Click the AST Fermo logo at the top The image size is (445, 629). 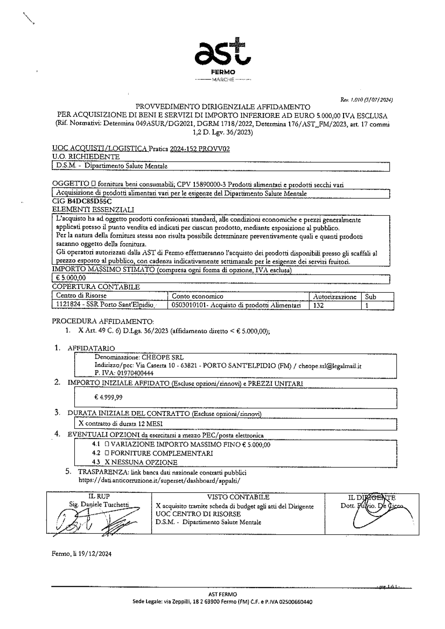click(223, 58)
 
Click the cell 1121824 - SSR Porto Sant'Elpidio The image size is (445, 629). click(105, 305)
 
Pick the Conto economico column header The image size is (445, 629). click(198, 296)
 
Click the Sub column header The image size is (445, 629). click(370, 296)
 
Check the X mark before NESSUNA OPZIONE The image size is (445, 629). click(107, 462)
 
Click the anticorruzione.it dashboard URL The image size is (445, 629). click(159, 480)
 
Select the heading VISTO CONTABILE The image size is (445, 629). click(238, 497)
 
